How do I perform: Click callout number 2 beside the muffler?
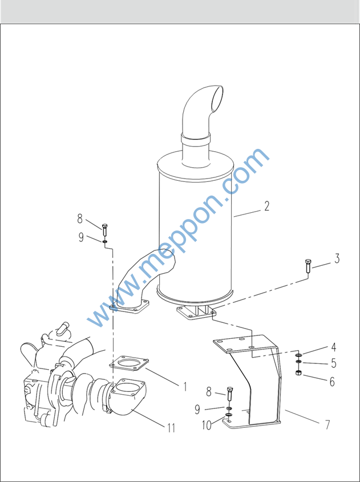click(x=266, y=206)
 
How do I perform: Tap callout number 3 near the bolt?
click(x=337, y=258)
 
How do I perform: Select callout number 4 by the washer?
click(x=333, y=347)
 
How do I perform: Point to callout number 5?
click(x=334, y=363)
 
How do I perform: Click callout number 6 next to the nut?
click(x=332, y=382)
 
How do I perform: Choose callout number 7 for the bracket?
click(x=327, y=425)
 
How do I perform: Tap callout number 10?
click(x=207, y=425)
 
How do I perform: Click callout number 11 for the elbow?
click(x=171, y=428)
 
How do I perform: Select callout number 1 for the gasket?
click(x=185, y=386)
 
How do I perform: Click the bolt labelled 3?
click(x=308, y=266)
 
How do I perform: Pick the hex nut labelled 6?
click(x=298, y=373)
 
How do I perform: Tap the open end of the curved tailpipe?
click(x=217, y=99)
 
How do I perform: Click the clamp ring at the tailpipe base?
click(x=196, y=140)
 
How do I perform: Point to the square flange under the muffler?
click(x=196, y=314)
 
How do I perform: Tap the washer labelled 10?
click(x=228, y=415)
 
